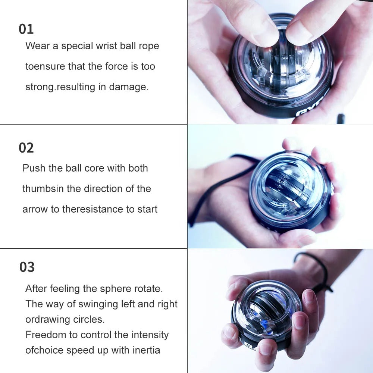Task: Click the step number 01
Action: pos(26,29)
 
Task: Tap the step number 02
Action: pos(26,148)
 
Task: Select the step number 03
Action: pos(27,267)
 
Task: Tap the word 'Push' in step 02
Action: pos(34,168)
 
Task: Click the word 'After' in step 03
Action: pos(36,289)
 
